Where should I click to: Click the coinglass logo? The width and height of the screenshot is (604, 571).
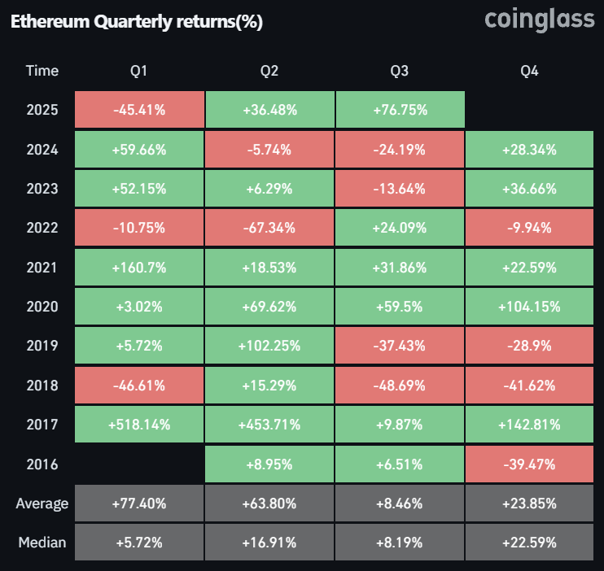pos(539,20)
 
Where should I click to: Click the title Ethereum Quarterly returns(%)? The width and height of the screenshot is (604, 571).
pos(136,22)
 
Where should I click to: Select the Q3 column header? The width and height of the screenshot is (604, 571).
pos(399,71)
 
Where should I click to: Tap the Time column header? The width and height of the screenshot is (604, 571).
pos(42,71)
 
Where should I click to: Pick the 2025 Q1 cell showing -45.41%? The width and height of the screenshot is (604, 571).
pos(139,110)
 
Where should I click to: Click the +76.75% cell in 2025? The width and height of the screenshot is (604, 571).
pos(399,110)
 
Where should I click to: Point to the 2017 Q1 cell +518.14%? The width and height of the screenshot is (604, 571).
pos(139,425)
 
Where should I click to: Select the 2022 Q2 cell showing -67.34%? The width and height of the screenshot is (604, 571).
pos(269,228)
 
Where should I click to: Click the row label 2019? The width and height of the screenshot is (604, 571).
pos(42,346)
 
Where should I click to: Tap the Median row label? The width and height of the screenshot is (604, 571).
pos(42,543)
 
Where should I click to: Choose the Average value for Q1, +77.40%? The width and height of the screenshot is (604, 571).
pos(139,503)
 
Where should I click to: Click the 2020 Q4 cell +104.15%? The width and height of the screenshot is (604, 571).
pos(529,307)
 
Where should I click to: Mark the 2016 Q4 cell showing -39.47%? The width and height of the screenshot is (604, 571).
pos(529,464)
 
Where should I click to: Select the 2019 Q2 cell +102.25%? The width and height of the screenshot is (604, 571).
pos(269,346)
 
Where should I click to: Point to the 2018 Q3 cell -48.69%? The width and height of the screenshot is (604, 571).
pos(399,386)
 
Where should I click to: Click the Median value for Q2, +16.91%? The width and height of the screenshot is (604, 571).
pos(269,543)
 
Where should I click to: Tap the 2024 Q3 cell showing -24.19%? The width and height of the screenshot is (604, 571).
pos(399,150)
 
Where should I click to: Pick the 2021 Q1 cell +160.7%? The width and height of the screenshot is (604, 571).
pos(139,268)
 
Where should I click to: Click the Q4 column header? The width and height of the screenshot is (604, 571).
pos(529,71)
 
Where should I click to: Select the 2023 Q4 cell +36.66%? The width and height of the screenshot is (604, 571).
pos(529,189)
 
